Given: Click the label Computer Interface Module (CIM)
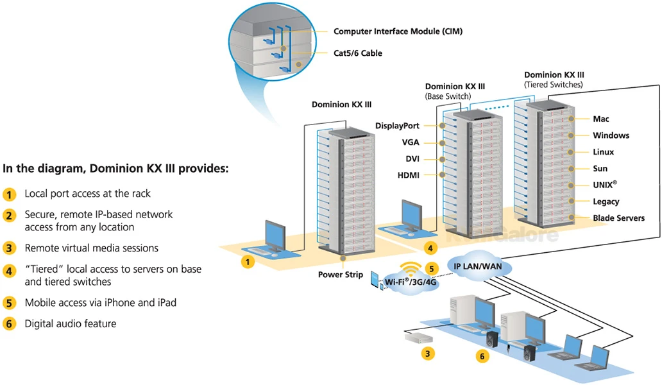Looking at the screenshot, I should (398, 31).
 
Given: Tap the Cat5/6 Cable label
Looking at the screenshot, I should (357, 53).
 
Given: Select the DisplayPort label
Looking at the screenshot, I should (397, 126).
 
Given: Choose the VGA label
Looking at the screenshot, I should (411, 142).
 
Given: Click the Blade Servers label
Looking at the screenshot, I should (618, 218).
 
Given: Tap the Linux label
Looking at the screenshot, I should (603, 152).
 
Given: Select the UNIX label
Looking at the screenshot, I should (605, 185).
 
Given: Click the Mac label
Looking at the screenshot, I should (601, 119).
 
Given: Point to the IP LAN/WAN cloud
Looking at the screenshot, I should (479, 266).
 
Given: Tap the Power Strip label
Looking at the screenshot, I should (340, 275).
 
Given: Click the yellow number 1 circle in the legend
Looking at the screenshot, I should (9, 194).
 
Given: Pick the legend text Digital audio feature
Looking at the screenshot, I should (71, 324).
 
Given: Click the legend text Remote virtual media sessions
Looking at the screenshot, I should (91, 248).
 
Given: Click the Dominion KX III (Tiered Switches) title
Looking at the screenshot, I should (554, 80).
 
